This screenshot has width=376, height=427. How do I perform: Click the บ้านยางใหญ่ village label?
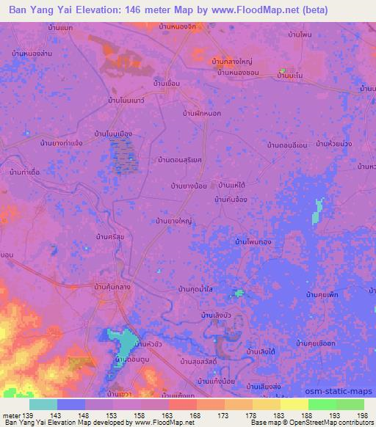click(x=174, y=219)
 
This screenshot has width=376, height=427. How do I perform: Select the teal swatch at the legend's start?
click(x=43, y=404)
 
